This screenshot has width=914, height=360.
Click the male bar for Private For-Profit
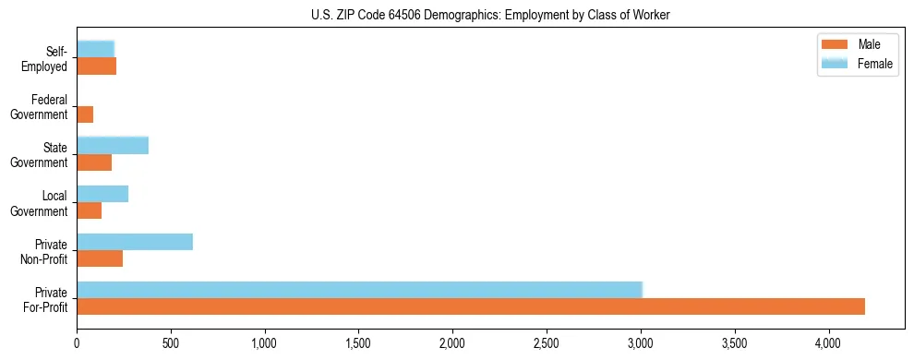point(471,306)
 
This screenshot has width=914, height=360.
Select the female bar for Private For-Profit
point(360,290)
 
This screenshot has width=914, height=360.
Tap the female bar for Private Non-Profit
point(135,242)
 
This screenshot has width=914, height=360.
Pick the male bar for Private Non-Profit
point(100,258)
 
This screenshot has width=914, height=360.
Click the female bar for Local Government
point(102,194)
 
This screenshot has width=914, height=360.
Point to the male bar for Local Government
point(90,210)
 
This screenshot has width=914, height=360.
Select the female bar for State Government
point(113,145)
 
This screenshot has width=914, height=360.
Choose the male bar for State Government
point(94,162)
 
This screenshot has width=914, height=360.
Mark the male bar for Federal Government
point(85,114)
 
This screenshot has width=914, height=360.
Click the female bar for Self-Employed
point(96,49)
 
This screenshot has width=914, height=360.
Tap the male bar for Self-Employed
point(97,66)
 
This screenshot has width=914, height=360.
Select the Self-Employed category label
point(45,59)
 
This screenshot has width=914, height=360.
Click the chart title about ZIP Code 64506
point(490,14)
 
